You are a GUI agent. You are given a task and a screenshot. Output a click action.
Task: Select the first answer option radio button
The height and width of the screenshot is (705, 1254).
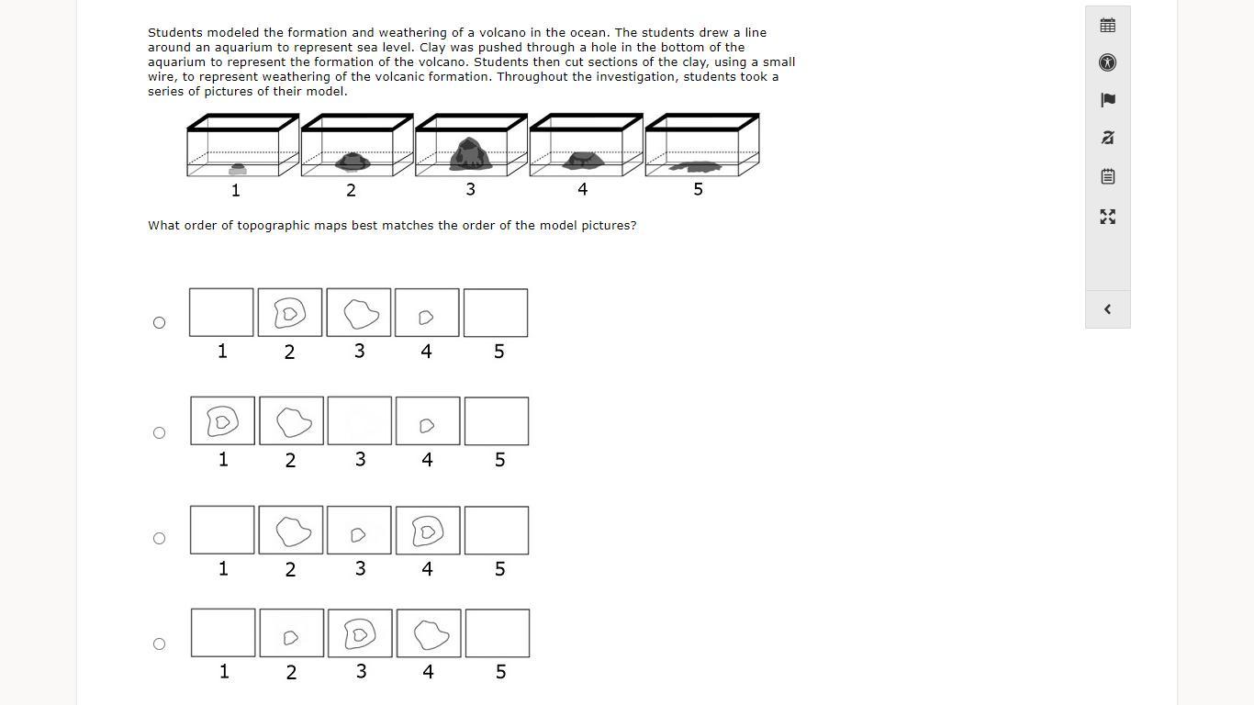pyautogui.click(x=159, y=322)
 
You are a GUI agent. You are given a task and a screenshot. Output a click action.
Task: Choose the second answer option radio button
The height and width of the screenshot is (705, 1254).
pyautogui.click(x=159, y=433)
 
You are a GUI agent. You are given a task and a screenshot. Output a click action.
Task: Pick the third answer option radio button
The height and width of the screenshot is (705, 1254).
pyautogui.click(x=159, y=538)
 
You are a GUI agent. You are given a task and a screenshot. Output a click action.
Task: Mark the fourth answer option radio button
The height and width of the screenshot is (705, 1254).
pyautogui.click(x=159, y=644)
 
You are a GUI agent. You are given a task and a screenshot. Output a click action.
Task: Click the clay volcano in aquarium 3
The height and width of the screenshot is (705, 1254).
pyautogui.click(x=470, y=154)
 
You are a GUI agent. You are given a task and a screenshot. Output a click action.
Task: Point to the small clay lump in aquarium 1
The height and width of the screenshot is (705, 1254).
pyautogui.click(x=238, y=169)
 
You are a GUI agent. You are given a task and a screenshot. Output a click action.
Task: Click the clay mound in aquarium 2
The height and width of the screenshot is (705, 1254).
pyautogui.click(x=353, y=162)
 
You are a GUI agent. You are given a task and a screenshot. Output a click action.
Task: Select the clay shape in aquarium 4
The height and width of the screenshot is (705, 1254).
pyautogui.click(x=583, y=161)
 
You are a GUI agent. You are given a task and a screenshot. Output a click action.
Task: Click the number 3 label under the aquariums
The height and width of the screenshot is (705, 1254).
pyautogui.click(x=470, y=189)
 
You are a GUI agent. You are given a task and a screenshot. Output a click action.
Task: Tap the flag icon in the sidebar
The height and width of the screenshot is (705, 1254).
pyautogui.click(x=1107, y=100)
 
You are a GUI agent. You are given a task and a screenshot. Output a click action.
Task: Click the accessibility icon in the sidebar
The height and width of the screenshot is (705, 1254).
pyautogui.click(x=1107, y=62)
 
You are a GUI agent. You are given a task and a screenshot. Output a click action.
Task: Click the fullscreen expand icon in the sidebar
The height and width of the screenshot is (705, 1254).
pyautogui.click(x=1107, y=217)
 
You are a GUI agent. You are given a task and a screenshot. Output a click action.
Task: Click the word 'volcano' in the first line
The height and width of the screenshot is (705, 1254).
pyautogui.click(x=503, y=32)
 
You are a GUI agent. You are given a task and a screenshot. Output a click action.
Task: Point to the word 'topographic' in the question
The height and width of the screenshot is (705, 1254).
pyautogui.click(x=274, y=226)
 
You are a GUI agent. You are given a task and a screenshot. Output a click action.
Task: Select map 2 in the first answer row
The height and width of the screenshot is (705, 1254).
pyautogui.click(x=290, y=312)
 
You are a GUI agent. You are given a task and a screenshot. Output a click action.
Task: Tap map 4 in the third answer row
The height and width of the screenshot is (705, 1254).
pyautogui.click(x=428, y=531)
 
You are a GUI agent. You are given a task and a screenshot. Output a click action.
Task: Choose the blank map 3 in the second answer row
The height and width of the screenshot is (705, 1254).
pyautogui.click(x=360, y=421)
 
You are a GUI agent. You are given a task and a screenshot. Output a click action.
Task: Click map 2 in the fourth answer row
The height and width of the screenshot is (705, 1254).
pyautogui.click(x=292, y=632)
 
